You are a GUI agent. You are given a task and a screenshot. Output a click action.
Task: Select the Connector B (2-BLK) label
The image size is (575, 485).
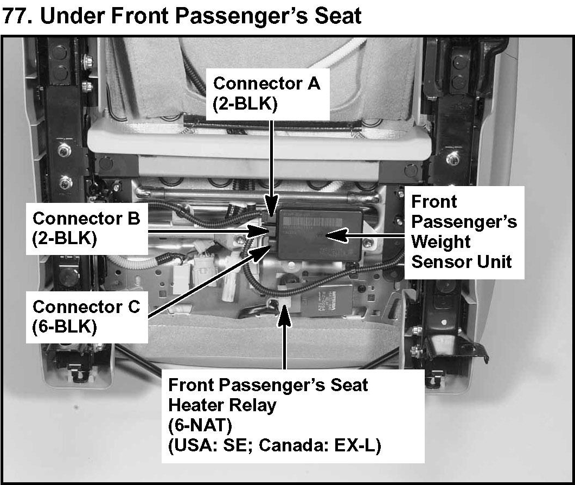87,228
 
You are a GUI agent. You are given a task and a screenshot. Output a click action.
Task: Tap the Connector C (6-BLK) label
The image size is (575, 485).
87,317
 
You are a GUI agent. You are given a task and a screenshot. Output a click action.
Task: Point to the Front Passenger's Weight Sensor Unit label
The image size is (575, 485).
464,232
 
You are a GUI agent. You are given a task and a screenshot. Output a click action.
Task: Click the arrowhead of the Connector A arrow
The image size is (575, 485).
271,208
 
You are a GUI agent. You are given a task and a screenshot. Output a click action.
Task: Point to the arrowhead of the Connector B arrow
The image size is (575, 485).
260,232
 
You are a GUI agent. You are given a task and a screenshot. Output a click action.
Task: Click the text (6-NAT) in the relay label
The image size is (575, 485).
200,425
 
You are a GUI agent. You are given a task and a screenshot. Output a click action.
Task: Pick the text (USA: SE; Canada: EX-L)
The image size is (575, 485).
274,446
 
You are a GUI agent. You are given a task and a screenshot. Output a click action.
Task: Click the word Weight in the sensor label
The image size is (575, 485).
440,242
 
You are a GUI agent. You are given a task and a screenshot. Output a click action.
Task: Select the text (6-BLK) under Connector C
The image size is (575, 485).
65,327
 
